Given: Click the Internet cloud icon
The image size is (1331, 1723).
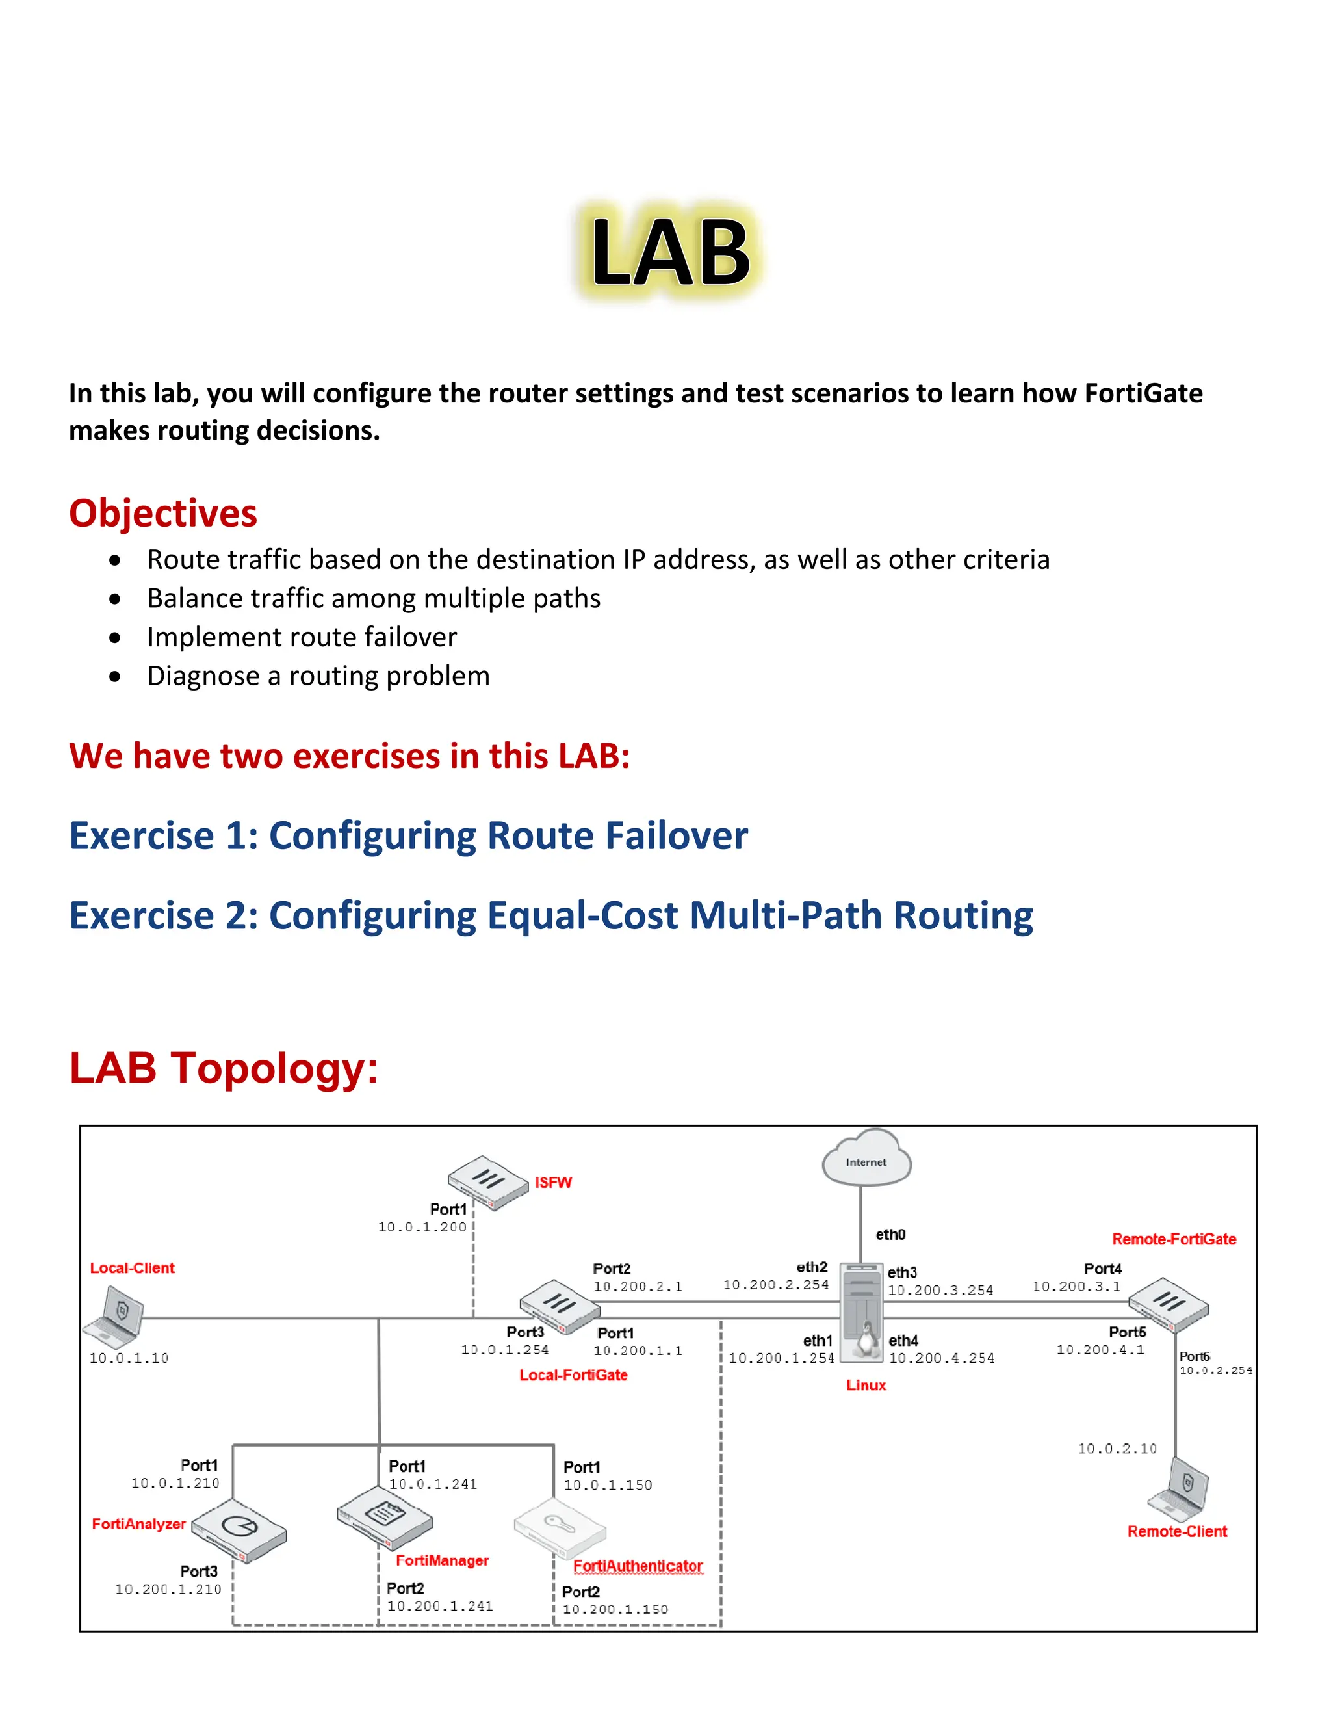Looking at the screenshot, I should pyautogui.click(x=866, y=1158).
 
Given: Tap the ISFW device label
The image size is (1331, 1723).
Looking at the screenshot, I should pyautogui.click(x=553, y=1183).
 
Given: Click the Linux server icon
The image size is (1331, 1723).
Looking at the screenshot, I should pyautogui.click(x=861, y=1313).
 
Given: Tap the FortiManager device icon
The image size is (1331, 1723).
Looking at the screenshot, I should pyautogui.click(x=385, y=1517).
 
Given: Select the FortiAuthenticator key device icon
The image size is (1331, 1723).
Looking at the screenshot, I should pyautogui.click(x=560, y=1527).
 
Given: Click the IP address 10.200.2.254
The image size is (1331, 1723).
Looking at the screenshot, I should pyautogui.click(x=776, y=1285).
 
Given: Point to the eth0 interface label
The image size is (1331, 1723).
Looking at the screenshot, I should pyautogui.click(x=890, y=1235).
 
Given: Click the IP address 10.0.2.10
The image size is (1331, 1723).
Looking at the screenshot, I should pyautogui.click(x=1117, y=1449).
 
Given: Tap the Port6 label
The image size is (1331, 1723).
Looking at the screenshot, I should pyautogui.click(x=1194, y=1356).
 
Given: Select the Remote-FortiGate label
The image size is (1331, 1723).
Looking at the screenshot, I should pyautogui.click(x=1173, y=1239).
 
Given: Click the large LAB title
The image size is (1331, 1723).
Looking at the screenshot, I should pyautogui.click(x=670, y=252).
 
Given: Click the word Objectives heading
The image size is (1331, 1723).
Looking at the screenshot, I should pyautogui.click(x=163, y=514).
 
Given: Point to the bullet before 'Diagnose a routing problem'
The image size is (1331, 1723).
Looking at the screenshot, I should pyautogui.click(x=116, y=677).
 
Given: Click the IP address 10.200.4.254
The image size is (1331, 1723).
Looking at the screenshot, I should pyautogui.click(x=942, y=1358).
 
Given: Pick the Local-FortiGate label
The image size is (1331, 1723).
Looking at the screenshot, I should pyautogui.click(x=573, y=1375).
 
